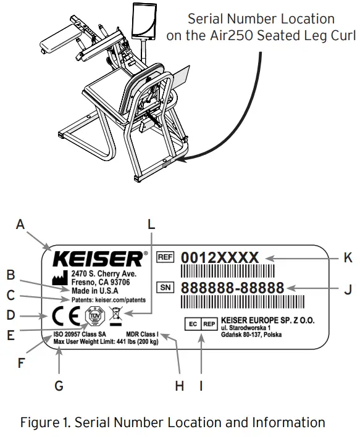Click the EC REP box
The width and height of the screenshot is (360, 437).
click(x=202, y=322)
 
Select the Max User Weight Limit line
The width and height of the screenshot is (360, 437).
click(x=105, y=341)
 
